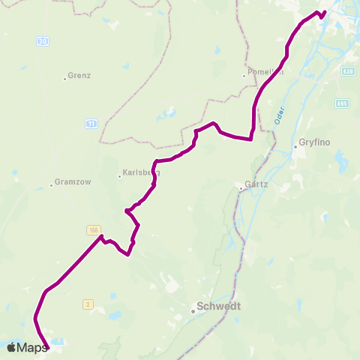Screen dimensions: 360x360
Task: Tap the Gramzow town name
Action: [x=68, y=184]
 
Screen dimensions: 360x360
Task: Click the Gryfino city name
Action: [x=313, y=142]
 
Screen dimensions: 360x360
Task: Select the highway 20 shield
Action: [x=43, y=40]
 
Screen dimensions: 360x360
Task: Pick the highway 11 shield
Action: [x=91, y=123]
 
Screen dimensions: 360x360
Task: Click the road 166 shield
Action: [x=94, y=230]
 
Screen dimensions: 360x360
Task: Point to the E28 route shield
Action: [x=346, y=71]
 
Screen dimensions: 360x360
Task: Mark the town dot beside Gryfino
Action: [x=295, y=147]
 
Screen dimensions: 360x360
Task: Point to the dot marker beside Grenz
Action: [x=65, y=77]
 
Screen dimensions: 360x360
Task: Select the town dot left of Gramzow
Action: [x=51, y=184]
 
